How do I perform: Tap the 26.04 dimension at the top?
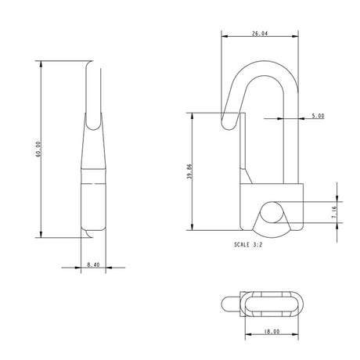(x=261, y=34)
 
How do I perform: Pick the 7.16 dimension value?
(x=333, y=211)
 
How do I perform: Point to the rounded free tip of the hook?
(x=229, y=123)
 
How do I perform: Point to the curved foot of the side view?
(x=88, y=233)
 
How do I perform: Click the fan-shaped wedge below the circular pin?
(x=271, y=229)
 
